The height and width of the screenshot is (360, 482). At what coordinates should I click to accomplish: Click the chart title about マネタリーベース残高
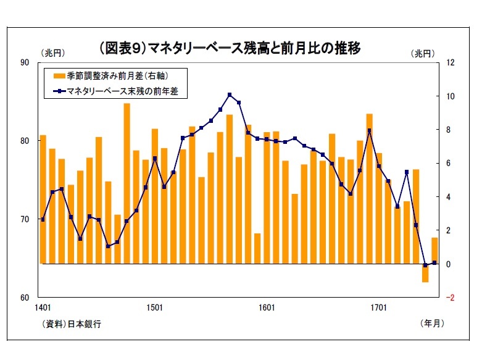[229, 48]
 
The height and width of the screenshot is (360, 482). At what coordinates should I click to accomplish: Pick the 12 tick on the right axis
[451, 63]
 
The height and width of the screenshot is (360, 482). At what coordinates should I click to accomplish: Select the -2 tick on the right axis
[451, 297]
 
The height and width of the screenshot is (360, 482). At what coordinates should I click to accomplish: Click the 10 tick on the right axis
[451, 96]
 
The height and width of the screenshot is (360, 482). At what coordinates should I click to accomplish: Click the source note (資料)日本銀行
[72, 323]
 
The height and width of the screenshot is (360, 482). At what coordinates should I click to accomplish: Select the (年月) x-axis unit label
[431, 322]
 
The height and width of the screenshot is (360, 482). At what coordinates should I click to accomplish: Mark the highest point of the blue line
[230, 94]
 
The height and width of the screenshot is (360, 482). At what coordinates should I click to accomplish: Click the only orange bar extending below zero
[425, 272]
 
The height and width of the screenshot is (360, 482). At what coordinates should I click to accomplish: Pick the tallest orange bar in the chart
[127, 183]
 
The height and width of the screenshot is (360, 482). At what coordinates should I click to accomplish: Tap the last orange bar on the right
[434, 250]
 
